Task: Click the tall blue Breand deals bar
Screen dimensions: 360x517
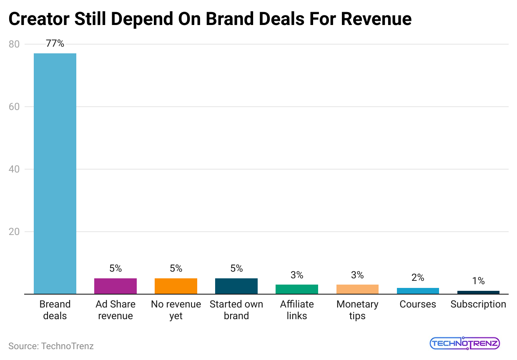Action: [55, 173]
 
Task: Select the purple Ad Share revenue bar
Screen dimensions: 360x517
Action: [115, 286]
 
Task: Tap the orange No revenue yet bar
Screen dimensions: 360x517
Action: [176, 286]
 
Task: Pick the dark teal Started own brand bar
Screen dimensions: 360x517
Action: [236, 286]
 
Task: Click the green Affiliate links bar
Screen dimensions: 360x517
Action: [297, 289]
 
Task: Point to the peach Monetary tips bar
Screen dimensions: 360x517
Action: [357, 289]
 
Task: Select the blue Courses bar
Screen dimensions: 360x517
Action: [418, 291]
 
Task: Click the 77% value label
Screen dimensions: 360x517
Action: [55, 43]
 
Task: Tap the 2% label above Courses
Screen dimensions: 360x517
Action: [418, 277]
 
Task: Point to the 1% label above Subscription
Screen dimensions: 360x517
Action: [478, 281]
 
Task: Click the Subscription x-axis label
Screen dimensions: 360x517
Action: [478, 304]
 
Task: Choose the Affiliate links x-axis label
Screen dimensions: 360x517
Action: [297, 310]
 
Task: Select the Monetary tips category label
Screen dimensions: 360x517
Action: [357, 310]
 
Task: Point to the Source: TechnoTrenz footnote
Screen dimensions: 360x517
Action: [51, 346]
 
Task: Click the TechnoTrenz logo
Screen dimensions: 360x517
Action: [464, 343]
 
